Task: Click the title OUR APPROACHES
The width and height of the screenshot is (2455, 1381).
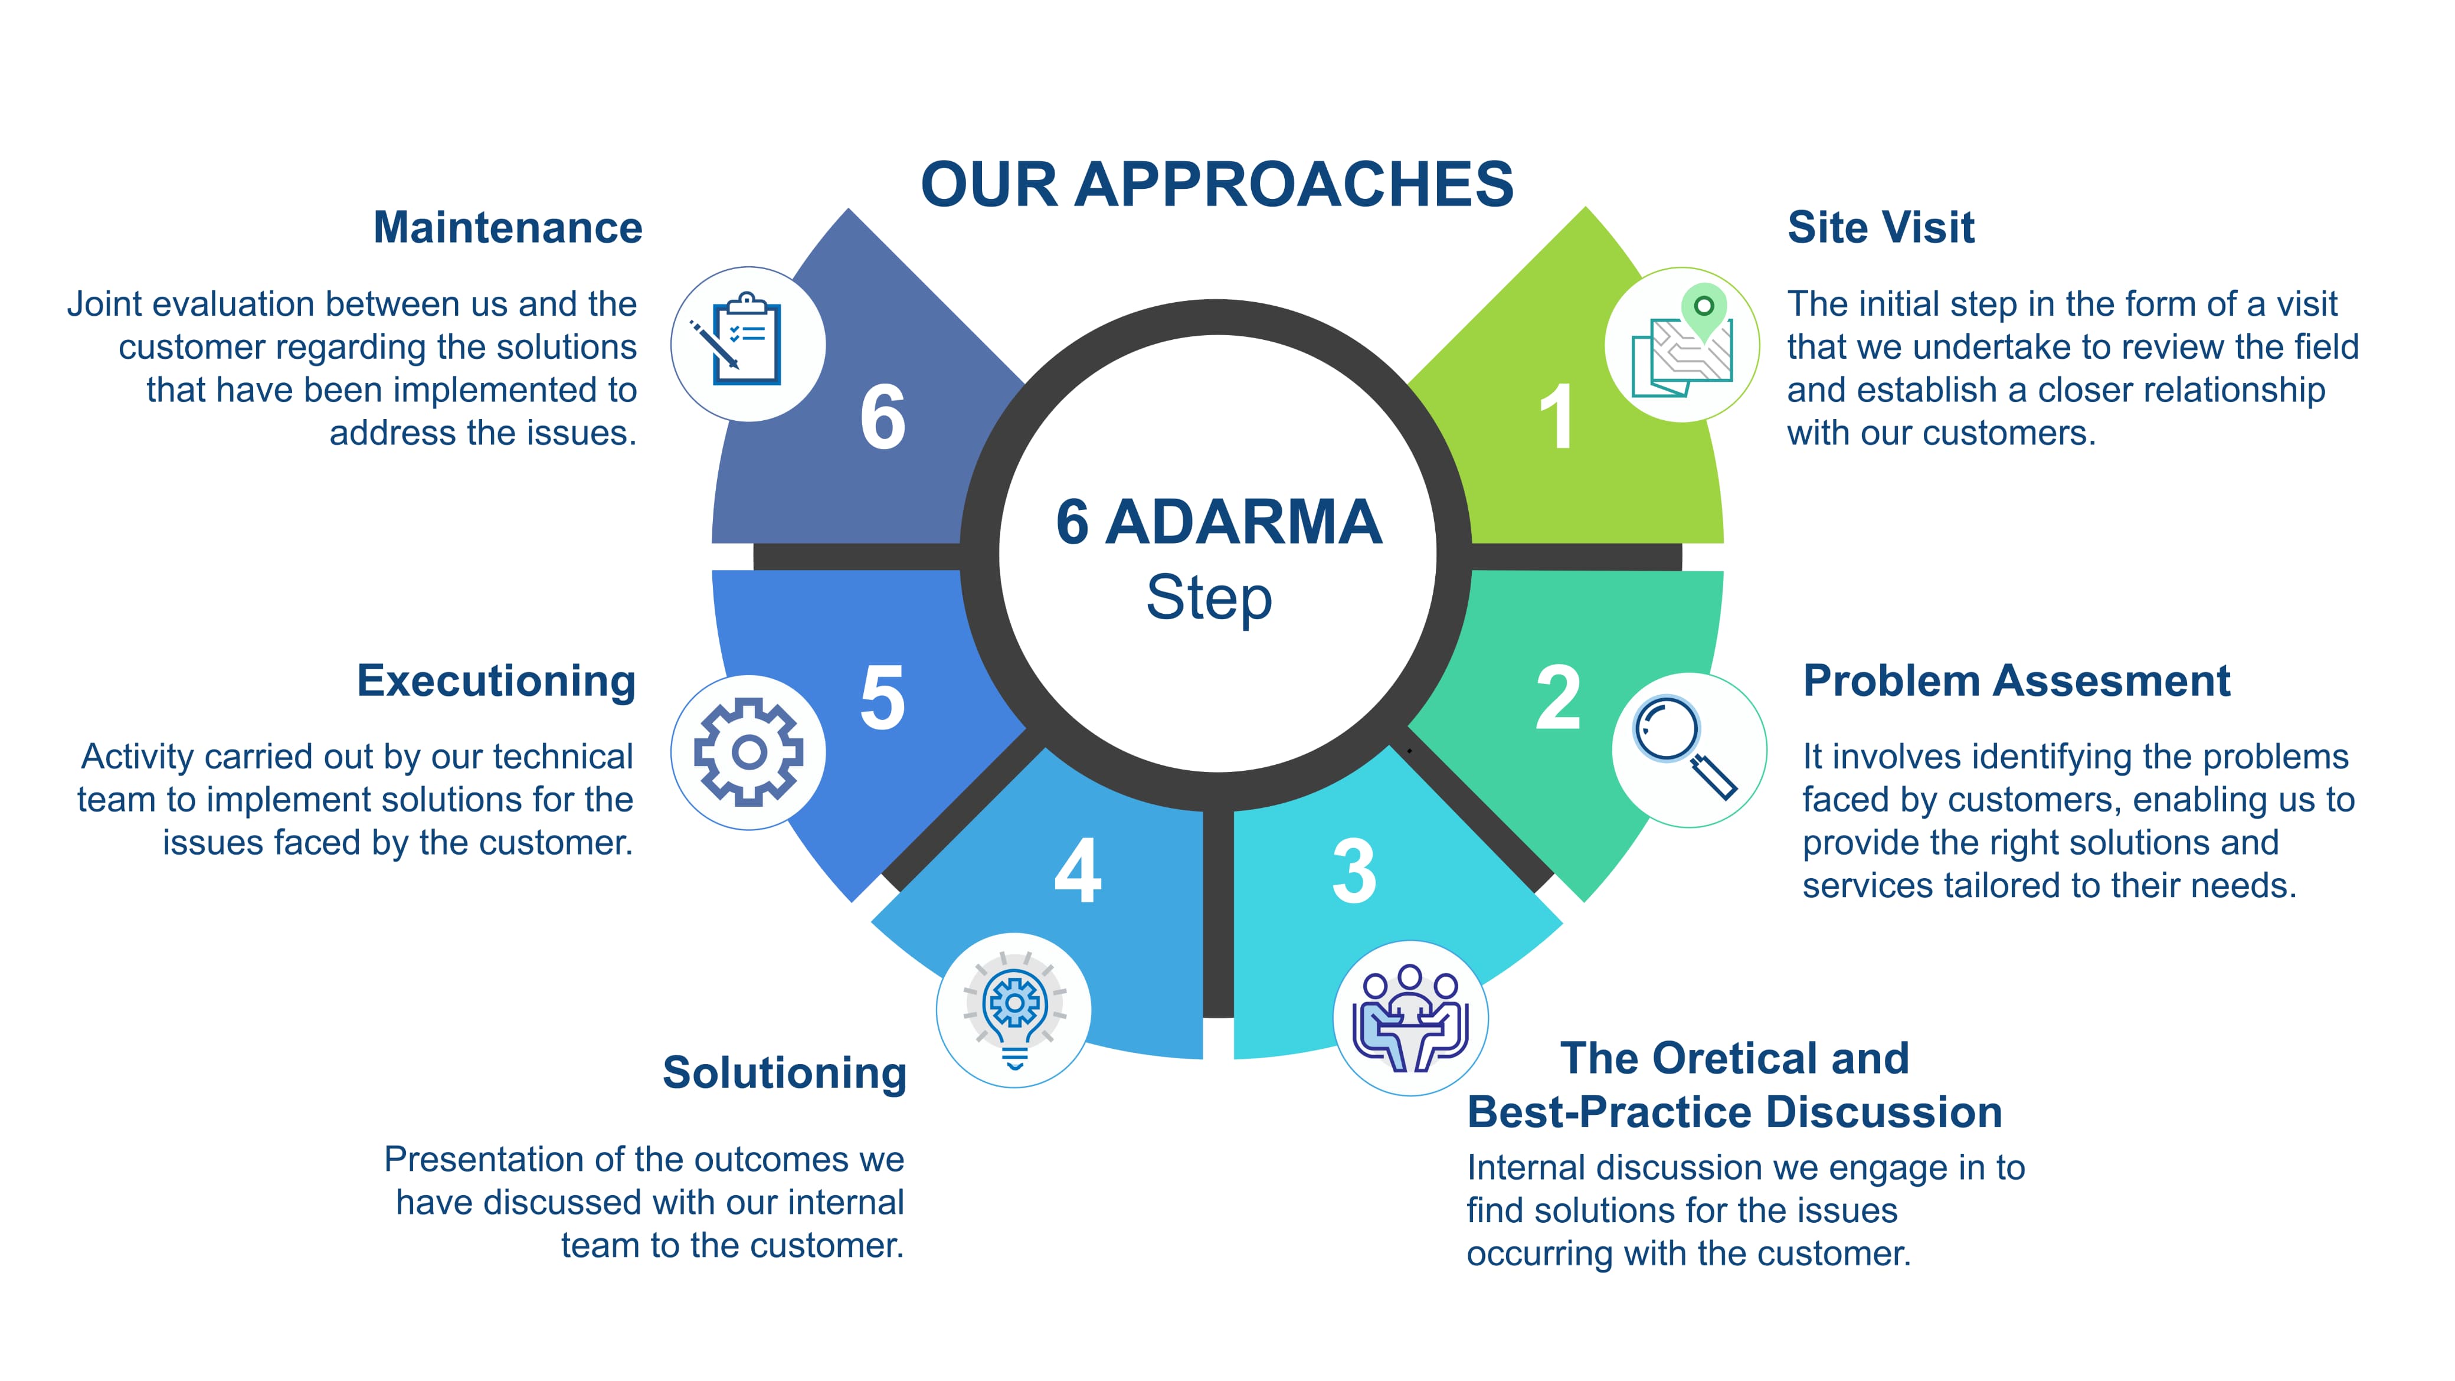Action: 1217,184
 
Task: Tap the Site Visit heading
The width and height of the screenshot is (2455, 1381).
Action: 1880,228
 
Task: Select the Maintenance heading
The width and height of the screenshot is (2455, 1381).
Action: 508,228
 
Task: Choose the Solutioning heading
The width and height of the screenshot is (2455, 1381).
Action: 784,1072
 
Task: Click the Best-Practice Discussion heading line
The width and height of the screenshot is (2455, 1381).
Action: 1734,1112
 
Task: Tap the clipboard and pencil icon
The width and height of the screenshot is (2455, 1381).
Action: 748,343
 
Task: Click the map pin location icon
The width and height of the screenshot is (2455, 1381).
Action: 1683,343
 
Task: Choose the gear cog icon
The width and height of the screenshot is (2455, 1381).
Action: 748,752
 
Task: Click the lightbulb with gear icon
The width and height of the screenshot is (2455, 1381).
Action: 1014,1010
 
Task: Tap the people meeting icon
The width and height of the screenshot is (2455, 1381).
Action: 1409,1018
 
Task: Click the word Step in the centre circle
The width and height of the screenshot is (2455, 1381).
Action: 1209,598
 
